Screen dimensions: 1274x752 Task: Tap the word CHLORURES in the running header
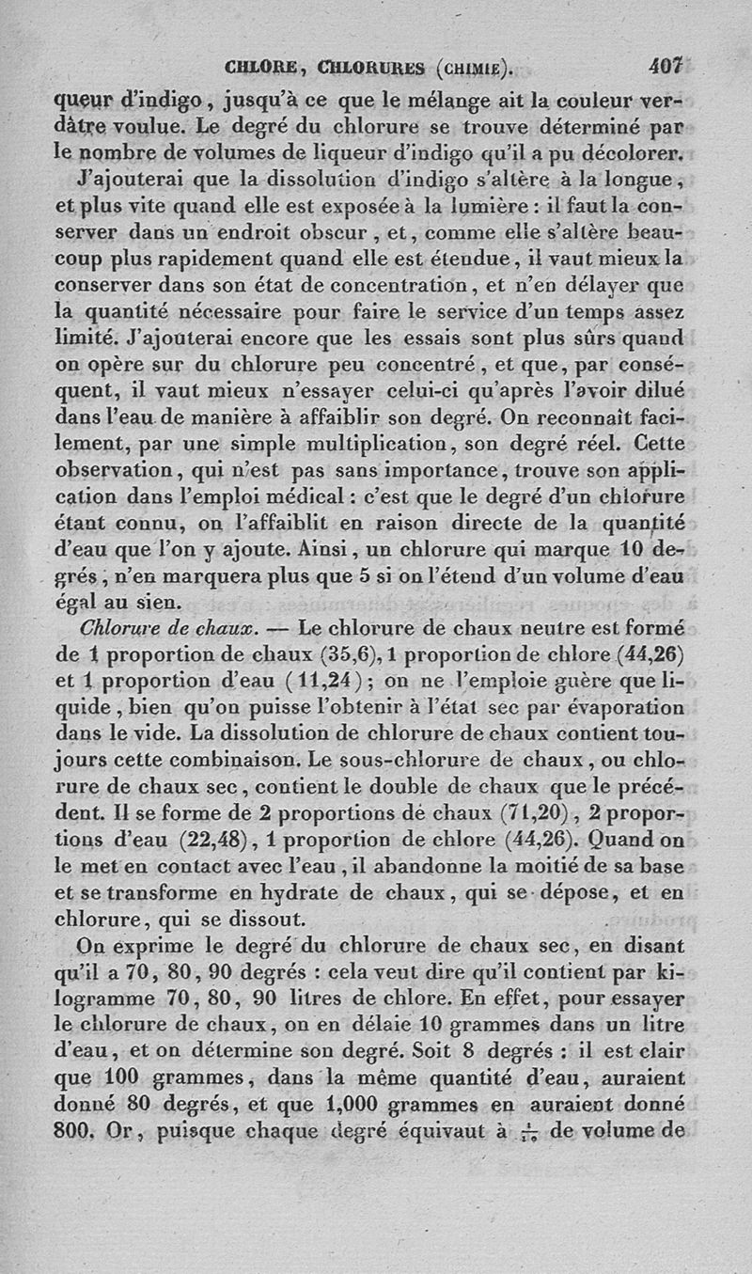pos(373,68)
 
